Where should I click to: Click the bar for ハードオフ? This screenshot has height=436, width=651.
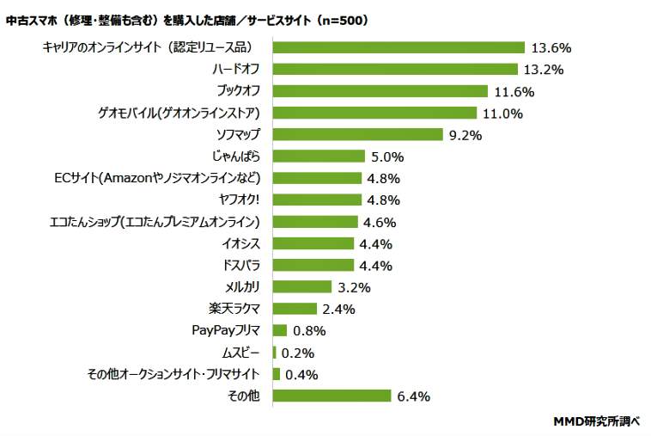point(395,69)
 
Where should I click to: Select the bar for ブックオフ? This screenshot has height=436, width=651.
point(380,91)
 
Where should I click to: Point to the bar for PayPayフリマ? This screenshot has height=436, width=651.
point(280,330)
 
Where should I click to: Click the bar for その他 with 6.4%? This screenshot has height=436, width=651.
point(332,396)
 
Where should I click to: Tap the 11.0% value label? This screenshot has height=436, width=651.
point(502,113)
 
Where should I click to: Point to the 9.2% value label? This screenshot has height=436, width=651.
point(465,135)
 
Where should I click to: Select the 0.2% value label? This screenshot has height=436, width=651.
point(298,353)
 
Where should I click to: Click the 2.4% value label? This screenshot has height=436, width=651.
point(338,309)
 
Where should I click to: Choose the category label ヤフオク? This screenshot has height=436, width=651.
point(240,200)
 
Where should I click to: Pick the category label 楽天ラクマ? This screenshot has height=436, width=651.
point(234,309)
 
